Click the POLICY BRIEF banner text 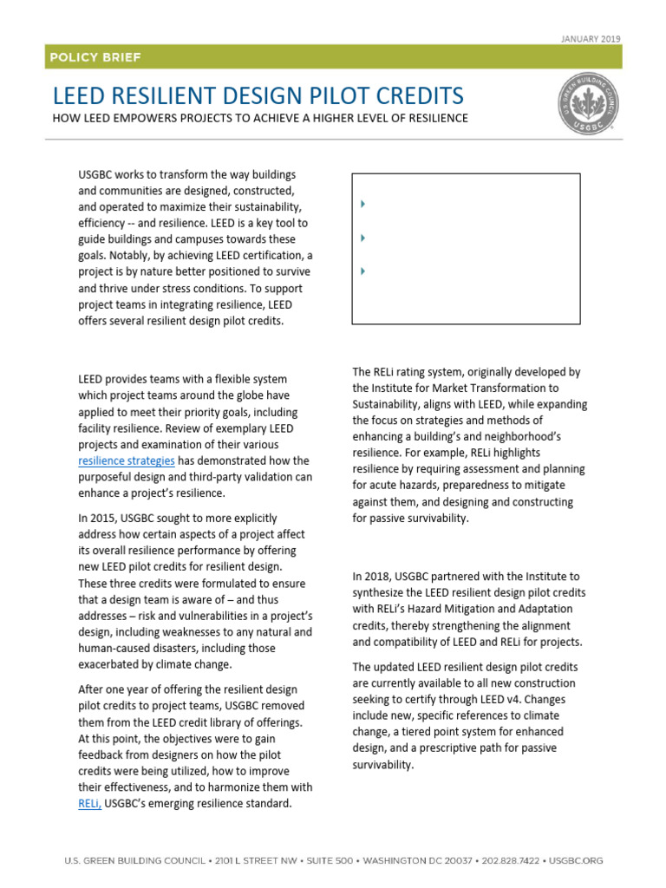95,58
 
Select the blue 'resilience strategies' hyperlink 127,460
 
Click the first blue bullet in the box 362,204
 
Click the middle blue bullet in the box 362,238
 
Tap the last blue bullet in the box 362,271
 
